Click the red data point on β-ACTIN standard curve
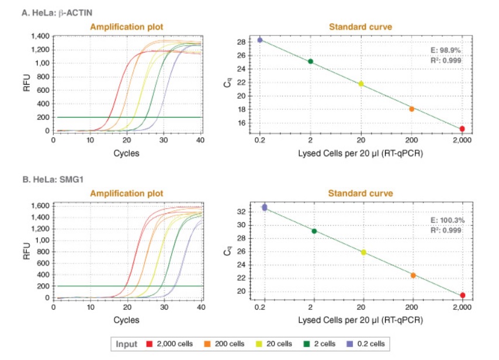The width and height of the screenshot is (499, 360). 462,129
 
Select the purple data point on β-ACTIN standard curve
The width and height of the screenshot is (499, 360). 260,40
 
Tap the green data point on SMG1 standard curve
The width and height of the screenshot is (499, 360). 314,231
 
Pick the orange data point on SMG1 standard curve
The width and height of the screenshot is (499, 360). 413,275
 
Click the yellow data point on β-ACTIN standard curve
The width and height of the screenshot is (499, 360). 361,84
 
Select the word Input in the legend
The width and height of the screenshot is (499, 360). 126,344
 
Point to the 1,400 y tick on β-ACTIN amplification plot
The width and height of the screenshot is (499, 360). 40,36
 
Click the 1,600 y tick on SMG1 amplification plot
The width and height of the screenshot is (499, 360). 40,206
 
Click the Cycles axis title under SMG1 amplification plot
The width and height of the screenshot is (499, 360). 126,320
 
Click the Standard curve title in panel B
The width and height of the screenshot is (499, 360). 361,193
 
